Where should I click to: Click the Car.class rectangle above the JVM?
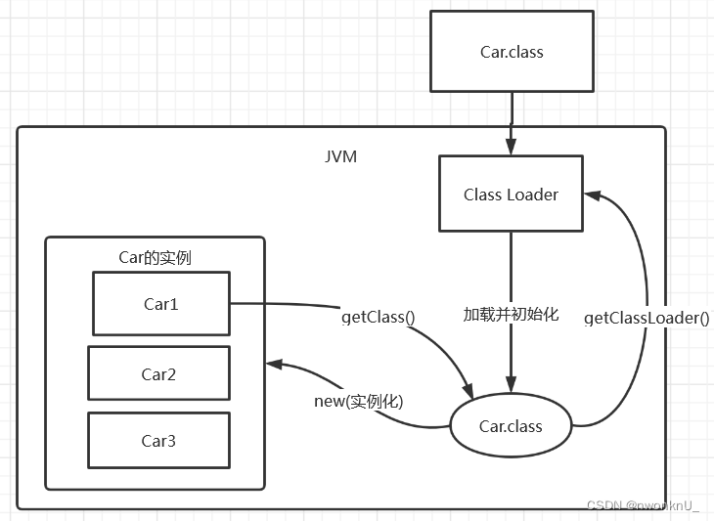512,52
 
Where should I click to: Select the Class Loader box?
511,194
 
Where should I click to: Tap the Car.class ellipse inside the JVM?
511,426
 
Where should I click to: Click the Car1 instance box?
161,303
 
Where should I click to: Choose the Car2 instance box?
158,373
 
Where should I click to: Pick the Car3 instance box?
158,441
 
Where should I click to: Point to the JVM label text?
340,156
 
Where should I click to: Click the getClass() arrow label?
379,317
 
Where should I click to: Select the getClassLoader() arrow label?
647,318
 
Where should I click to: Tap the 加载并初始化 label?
511,314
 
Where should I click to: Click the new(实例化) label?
359,402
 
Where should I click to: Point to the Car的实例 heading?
155,257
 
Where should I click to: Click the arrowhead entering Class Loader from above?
511,147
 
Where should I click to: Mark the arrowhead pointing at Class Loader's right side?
593,195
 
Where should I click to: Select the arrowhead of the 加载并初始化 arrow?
511,384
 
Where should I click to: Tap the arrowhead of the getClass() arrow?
469,391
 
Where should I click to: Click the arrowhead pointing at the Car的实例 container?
275,364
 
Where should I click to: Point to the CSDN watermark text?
642,505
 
